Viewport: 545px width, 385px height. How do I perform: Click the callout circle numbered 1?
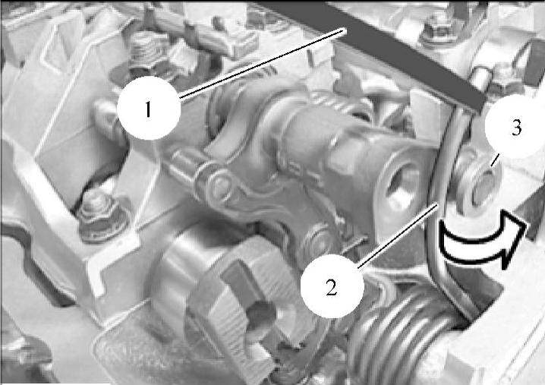[x=149, y=109]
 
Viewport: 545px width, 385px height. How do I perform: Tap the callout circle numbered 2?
[x=332, y=286]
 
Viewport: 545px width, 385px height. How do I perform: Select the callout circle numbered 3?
[x=516, y=127]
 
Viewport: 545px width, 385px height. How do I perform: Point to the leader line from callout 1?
[x=263, y=65]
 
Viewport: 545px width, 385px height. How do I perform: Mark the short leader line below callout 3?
[x=495, y=160]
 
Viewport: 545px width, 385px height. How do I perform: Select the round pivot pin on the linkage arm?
[x=216, y=184]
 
